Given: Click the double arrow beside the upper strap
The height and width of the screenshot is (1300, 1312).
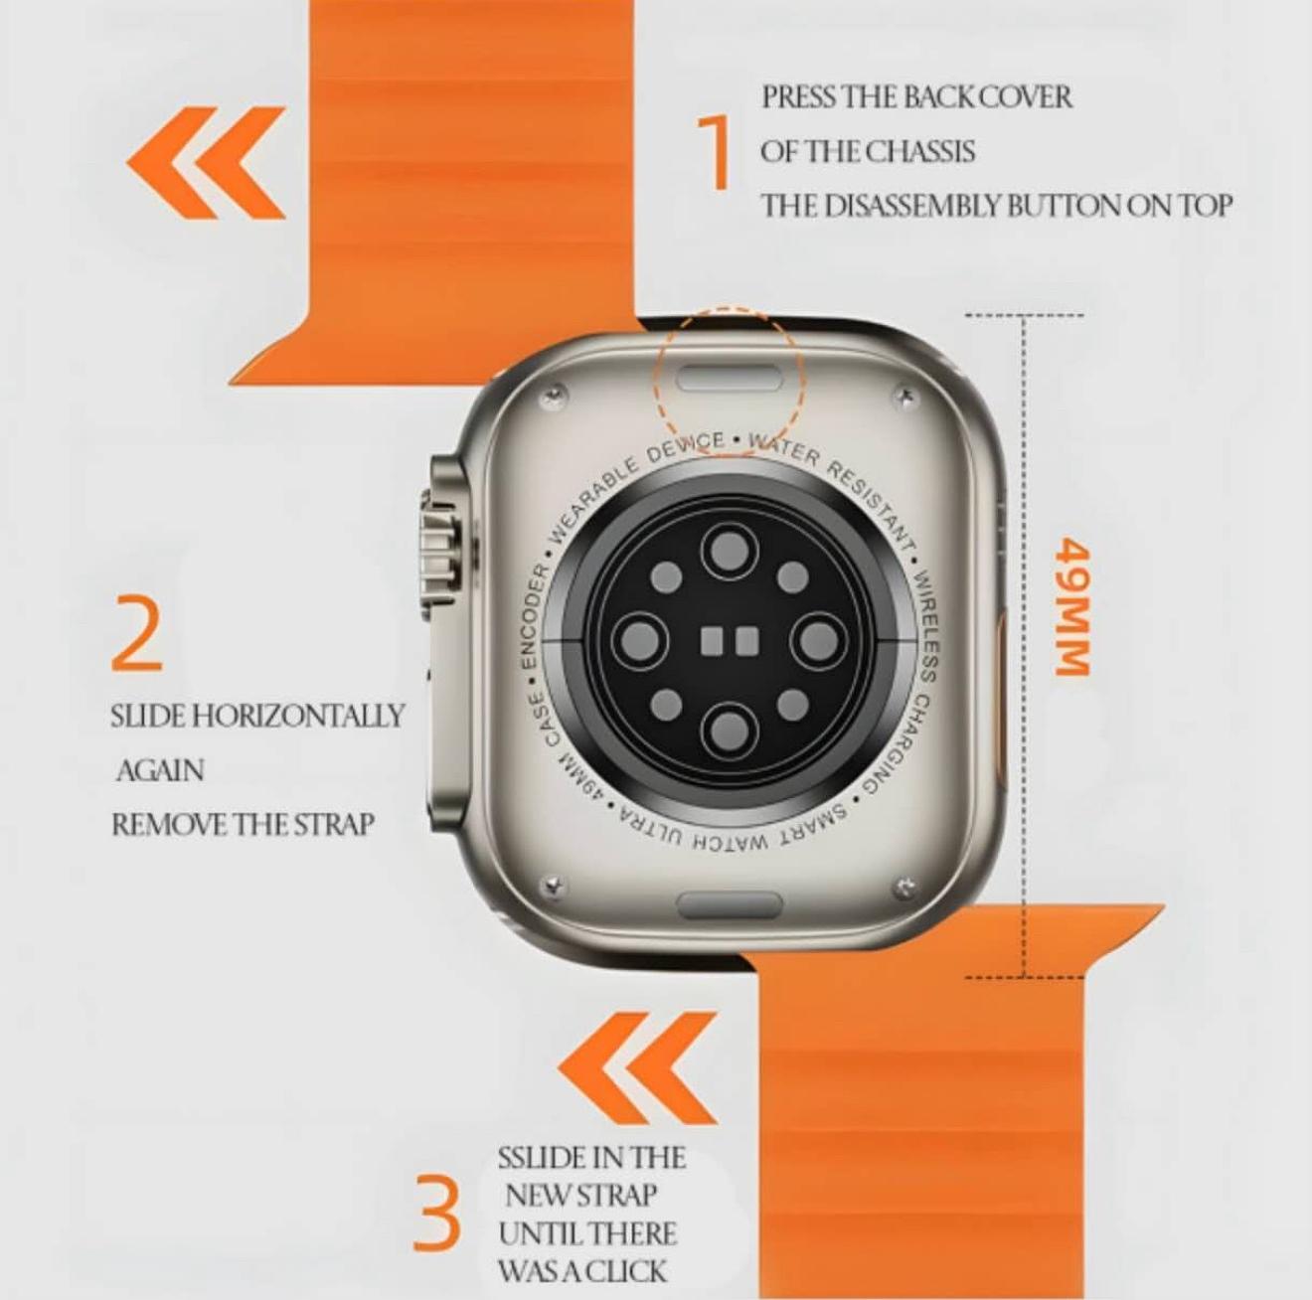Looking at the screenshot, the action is point(206,163).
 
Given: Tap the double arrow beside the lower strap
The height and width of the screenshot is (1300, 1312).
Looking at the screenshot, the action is point(637,1067).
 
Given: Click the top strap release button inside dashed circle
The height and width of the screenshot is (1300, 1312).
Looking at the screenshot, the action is point(730,378).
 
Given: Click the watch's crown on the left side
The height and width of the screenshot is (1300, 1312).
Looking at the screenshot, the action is point(438,552).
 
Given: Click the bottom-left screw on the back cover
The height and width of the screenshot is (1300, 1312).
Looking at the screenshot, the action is point(551,885).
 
